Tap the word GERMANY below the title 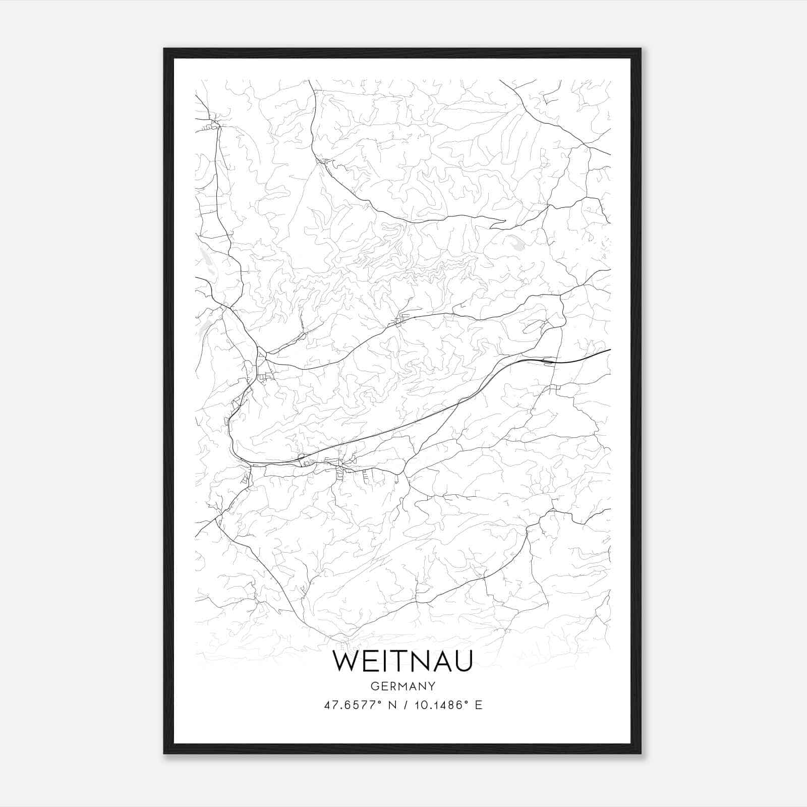coord(402,686)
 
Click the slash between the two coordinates coord(403,705)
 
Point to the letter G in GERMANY coord(374,686)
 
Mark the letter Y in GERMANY coord(431,686)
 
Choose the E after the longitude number coord(478,705)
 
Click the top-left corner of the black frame coord(164,49)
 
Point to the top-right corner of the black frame coord(640,49)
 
